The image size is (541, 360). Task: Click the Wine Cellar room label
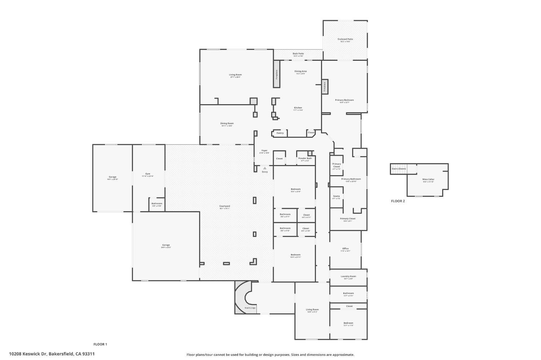point(428,179)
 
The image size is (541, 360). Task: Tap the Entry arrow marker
point(265,168)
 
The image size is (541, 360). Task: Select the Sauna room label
point(336,196)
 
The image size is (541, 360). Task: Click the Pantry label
point(280,133)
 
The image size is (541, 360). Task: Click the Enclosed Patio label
point(345,39)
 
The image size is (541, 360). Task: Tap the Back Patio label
point(298,54)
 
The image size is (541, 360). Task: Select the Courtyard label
point(224,206)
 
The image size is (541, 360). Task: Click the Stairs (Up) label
point(250,308)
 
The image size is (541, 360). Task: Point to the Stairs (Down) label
point(399,169)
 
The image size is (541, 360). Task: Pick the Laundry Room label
point(348,277)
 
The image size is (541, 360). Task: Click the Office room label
point(345,249)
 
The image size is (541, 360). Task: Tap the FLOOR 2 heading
point(398,201)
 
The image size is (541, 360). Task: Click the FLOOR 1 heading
point(100,344)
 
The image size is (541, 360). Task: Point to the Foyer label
point(264,151)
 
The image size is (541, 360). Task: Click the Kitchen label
point(298,108)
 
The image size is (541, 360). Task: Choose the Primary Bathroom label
point(351,179)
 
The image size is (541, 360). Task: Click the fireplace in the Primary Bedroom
point(325,87)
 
